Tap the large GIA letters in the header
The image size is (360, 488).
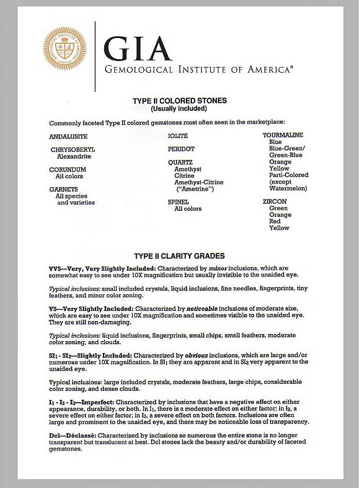137,46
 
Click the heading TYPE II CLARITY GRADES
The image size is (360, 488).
179,256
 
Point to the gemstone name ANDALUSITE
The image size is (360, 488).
68,137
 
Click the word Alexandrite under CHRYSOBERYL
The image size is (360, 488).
74,157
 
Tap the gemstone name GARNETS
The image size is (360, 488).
64,190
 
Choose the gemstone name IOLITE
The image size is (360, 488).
178,136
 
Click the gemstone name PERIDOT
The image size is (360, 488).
181,149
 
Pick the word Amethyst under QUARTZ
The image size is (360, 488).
188,169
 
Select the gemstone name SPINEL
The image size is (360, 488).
178,202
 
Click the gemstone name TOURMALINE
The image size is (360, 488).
283,136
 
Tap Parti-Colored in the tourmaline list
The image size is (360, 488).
288,175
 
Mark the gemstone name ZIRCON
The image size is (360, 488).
275,202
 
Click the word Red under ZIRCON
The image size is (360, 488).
275,221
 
